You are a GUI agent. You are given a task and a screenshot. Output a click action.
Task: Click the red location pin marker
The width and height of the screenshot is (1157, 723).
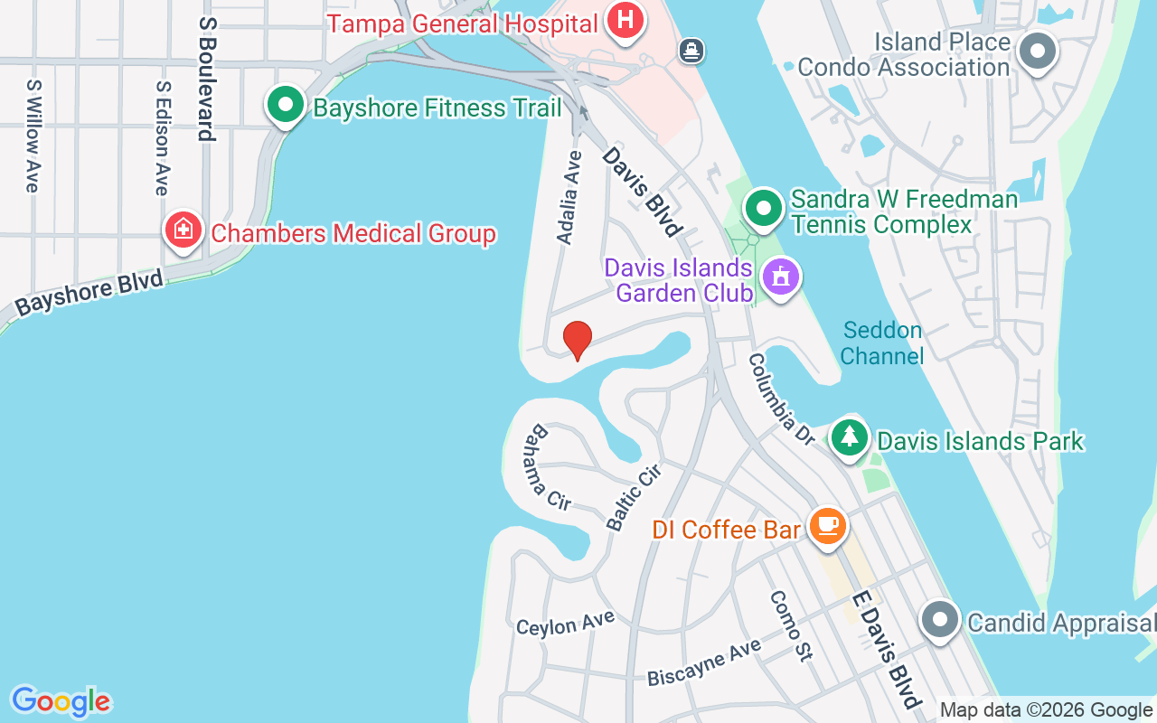tap(577, 340)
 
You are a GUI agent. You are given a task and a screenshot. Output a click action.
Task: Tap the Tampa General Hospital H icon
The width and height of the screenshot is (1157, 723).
tap(625, 20)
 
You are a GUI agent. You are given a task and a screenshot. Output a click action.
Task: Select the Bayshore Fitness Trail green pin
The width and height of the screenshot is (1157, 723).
tap(286, 105)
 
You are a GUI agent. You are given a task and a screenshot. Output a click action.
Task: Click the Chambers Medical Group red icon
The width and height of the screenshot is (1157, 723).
tap(183, 230)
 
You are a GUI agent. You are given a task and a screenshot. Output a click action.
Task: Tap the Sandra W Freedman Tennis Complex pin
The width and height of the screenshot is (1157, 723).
tap(765, 209)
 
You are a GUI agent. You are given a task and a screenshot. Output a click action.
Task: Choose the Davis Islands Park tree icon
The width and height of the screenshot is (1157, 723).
tap(849, 437)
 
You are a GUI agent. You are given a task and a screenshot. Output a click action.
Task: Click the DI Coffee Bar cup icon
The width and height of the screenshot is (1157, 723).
tap(827, 525)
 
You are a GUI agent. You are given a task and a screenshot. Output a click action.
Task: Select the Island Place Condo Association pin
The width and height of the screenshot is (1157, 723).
tap(1038, 51)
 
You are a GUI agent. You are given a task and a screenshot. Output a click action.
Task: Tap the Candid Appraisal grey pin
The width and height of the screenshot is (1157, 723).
tap(940, 621)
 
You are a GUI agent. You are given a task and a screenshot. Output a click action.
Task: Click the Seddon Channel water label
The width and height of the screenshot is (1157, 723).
tap(881, 343)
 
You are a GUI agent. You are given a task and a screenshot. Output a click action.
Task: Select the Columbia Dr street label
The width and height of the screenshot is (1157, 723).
tap(782, 399)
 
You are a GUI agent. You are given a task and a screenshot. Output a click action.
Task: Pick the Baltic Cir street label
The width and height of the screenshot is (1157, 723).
tap(634, 496)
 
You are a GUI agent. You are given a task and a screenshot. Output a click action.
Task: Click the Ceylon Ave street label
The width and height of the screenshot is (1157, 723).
tap(565, 623)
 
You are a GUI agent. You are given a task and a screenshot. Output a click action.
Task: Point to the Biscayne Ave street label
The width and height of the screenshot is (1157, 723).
tap(704, 663)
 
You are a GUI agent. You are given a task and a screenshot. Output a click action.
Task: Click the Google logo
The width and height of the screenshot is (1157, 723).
tap(61, 701)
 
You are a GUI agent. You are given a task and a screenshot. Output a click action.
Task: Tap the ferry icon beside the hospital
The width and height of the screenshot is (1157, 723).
tap(692, 51)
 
